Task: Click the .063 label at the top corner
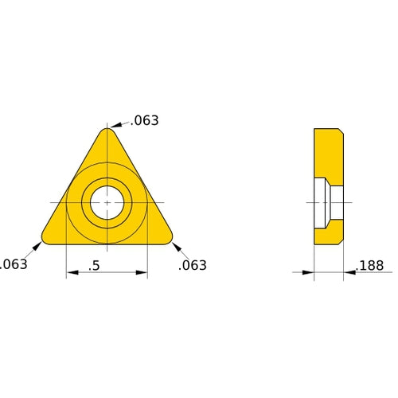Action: coord(146,121)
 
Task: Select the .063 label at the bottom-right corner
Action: coord(193,265)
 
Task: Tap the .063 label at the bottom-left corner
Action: coord(13,264)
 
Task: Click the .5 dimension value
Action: coord(94,265)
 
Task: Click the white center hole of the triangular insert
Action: coord(107,204)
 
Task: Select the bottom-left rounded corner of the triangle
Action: coord(47,238)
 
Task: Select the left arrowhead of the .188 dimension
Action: coord(309,273)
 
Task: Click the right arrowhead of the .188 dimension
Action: coord(349,273)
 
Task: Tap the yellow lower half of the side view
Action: coord(328,232)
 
